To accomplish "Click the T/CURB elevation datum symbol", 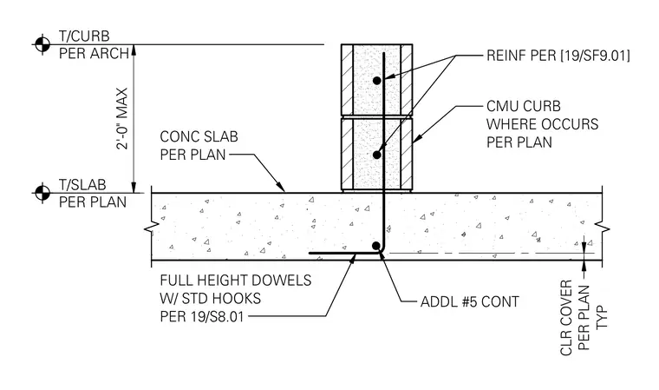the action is click(x=42, y=43).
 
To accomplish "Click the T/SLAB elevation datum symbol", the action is click(x=42, y=193).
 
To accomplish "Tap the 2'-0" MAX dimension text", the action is click(x=122, y=118).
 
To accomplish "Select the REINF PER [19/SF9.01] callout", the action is click(x=558, y=56).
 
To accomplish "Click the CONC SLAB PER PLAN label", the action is click(x=199, y=145).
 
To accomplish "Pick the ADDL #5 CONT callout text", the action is click(x=469, y=301).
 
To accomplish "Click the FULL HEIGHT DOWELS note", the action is click(x=235, y=298).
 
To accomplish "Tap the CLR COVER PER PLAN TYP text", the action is click(x=584, y=318).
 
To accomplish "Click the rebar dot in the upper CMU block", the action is click(x=377, y=80).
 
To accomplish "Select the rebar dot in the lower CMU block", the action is click(x=377, y=155).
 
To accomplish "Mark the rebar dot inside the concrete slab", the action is click(x=376, y=246).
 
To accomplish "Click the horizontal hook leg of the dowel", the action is click(x=343, y=253).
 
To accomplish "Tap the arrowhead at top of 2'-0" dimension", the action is click(x=134, y=50).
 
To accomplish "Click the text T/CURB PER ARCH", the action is click(x=94, y=44).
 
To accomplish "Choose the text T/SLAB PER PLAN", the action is click(x=93, y=194).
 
